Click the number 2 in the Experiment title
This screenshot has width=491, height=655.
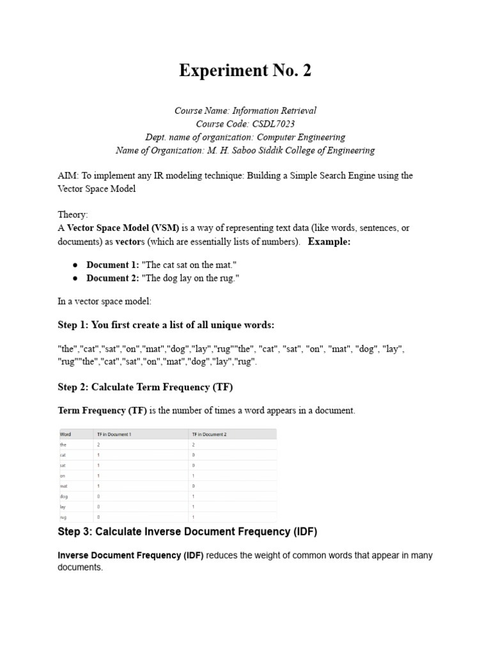tap(307, 71)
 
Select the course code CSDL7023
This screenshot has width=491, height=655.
tap(273, 123)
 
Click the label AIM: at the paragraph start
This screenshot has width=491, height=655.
tap(68, 175)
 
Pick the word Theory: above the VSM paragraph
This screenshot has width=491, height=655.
tap(72, 216)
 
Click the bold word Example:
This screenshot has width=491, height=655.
tap(329, 241)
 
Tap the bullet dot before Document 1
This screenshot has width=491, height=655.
tap(75, 265)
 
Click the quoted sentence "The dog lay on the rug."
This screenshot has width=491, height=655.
tap(185, 278)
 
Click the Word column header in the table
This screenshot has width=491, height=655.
tap(65, 434)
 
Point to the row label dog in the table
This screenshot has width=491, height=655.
tap(63, 496)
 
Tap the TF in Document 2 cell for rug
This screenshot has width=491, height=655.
tap(194, 516)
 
